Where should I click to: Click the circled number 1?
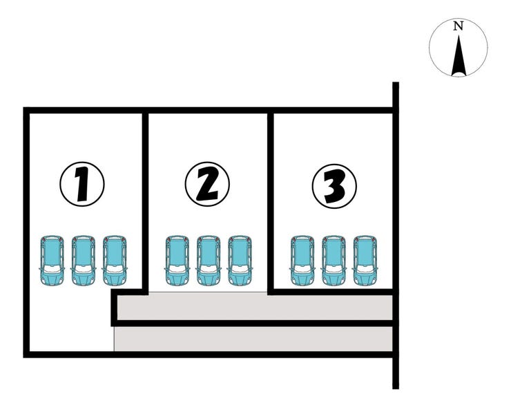[81, 184]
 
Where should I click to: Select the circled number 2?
[207, 184]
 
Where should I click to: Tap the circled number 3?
[334, 185]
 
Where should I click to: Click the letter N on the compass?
[458, 27]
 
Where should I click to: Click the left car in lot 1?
[52, 261]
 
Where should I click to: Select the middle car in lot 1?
[84, 261]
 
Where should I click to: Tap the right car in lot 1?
[115, 261]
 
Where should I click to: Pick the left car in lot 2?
[177, 261]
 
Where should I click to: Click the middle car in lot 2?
[209, 261]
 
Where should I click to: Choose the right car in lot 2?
[240, 261]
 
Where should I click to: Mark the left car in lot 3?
[302, 261]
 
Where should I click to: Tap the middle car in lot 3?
[334, 261]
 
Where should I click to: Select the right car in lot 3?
[365, 261]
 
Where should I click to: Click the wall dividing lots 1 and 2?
[145, 201]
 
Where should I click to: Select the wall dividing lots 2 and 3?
[271, 201]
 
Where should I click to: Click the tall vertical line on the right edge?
[396, 235]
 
